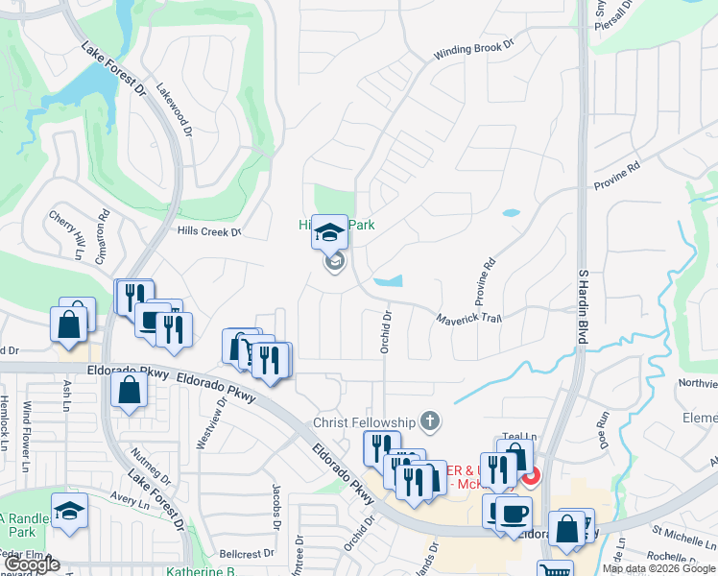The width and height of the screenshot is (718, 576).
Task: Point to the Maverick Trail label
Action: coord(469,319)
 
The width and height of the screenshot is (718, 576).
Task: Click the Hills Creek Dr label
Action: coord(208,230)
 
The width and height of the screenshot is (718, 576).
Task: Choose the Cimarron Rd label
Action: coord(101,241)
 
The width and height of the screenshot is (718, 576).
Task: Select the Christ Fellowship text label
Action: coord(365,422)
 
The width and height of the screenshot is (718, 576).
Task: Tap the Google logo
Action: coord(32,564)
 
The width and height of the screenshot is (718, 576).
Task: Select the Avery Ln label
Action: coord(126,497)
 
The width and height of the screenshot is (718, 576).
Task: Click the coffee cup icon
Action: coord(513,513)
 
